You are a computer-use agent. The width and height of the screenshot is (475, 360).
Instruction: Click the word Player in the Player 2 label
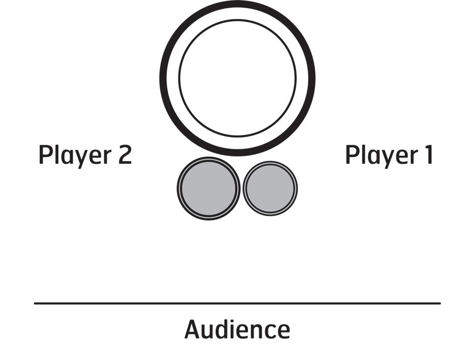pyautogui.click(x=76, y=155)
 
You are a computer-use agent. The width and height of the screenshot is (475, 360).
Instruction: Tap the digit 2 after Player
pyautogui.click(x=124, y=155)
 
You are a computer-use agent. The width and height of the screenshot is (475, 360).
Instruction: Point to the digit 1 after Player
pyautogui.click(x=429, y=155)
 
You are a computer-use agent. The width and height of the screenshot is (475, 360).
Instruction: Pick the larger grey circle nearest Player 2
pyautogui.click(x=209, y=188)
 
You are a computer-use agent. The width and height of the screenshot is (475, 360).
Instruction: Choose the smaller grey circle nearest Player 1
pyautogui.click(x=270, y=188)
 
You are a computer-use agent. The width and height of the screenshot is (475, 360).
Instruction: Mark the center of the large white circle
pyautogui.click(x=237, y=78)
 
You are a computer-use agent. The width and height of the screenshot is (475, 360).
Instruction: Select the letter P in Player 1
pyautogui.click(x=351, y=155)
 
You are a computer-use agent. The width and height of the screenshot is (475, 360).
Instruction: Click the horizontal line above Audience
pyautogui.click(x=237, y=303)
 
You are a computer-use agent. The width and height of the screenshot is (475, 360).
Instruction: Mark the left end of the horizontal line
pyautogui.click(x=35, y=303)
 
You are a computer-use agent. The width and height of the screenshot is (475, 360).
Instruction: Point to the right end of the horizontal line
pyautogui.click(x=439, y=303)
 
